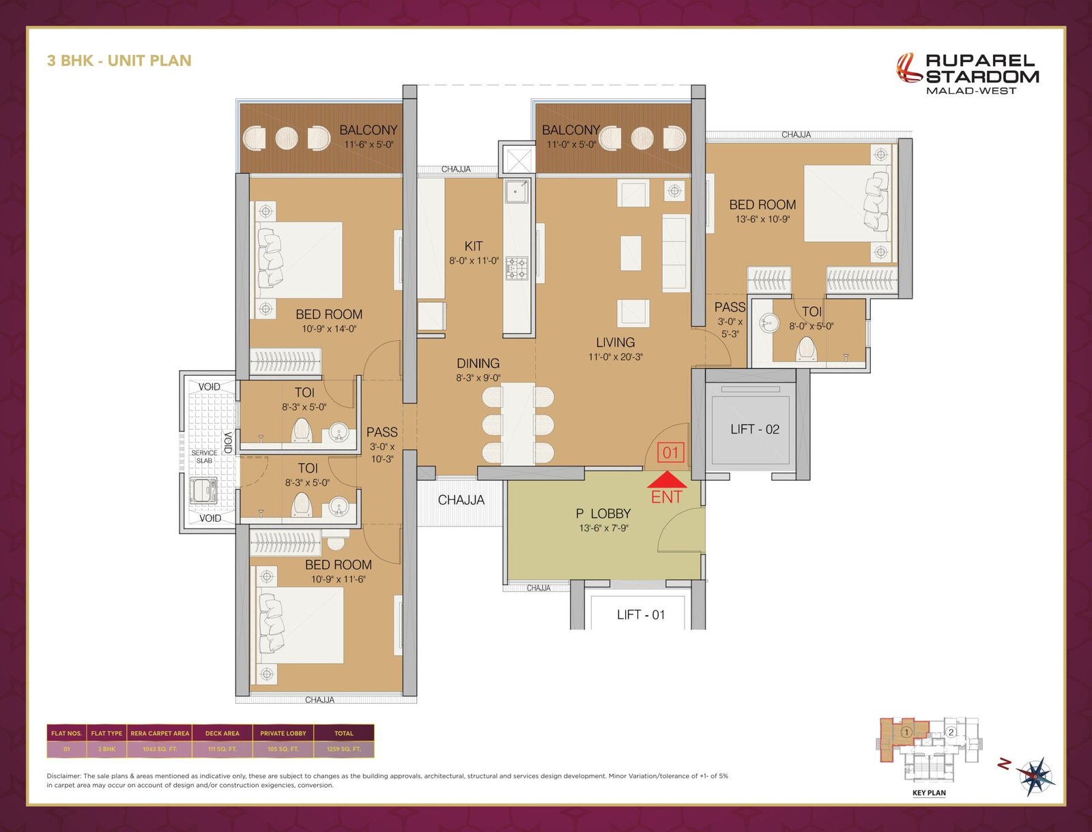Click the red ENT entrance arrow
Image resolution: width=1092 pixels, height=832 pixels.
coord(667,479)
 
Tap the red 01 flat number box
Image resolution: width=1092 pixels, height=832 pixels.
coord(670,452)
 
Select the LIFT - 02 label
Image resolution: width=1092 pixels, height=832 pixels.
coord(755,429)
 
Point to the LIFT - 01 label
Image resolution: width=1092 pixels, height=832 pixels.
coord(641,615)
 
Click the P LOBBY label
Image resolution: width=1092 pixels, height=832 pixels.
coord(603,514)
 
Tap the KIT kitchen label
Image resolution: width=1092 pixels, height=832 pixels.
coord(473,246)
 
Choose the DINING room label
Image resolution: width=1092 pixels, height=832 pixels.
coord(478,363)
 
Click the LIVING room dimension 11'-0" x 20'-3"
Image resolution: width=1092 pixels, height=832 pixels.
coord(616,357)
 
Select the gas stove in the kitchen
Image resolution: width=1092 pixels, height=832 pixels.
coord(517,269)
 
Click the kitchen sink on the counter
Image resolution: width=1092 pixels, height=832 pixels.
coord(517,192)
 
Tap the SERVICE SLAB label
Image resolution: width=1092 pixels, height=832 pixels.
coord(205,457)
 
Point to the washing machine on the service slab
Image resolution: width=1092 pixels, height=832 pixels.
coord(203,490)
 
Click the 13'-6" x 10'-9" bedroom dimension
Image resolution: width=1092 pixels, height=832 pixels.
coord(762,219)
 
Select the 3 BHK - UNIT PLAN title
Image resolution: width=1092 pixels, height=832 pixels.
coord(119,61)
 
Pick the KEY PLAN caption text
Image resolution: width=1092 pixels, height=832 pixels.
coord(929,792)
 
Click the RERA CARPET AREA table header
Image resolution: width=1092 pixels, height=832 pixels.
coord(160,733)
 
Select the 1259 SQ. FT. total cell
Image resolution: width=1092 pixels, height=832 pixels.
coord(344,749)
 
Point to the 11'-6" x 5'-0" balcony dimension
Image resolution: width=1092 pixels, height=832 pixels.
coord(369,145)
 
